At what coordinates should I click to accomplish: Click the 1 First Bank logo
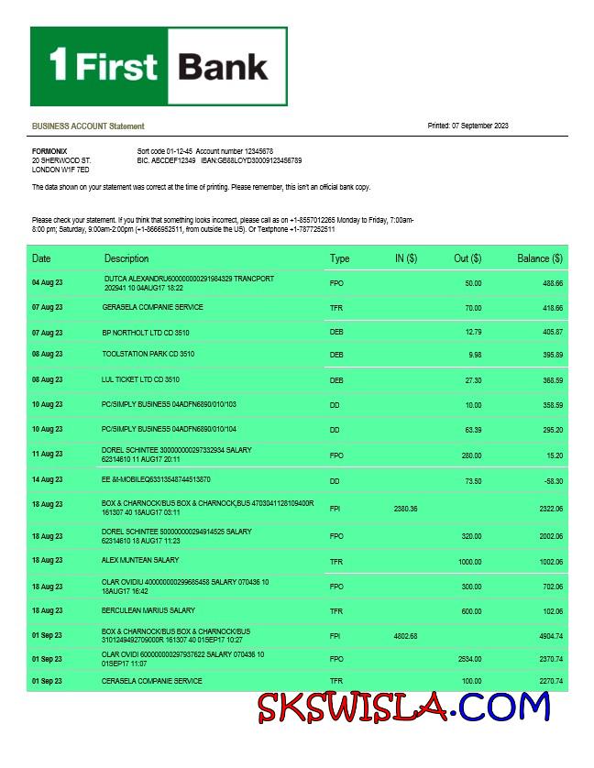[x=159, y=66]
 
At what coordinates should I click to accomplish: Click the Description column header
[x=126, y=258]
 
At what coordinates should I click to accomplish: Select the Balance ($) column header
[x=539, y=258]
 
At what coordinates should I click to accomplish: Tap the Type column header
[x=339, y=258]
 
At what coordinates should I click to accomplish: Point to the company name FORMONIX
[x=49, y=150]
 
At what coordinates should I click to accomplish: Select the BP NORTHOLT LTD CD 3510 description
[x=145, y=333]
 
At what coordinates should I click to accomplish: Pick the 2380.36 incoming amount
[x=405, y=508]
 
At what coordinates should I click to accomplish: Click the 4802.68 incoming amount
[x=405, y=635]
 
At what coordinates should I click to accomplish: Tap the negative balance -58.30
[x=552, y=479]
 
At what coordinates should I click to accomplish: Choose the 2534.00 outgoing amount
[x=469, y=658]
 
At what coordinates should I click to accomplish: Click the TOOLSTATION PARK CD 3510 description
[x=148, y=354]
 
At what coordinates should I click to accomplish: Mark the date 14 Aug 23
[x=48, y=479]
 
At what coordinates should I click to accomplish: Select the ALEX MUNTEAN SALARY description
[x=140, y=560]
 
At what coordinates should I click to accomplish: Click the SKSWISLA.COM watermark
[x=403, y=707]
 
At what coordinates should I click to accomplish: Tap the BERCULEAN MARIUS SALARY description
[x=148, y=610]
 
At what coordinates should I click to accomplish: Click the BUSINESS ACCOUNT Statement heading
[x=88, y=126]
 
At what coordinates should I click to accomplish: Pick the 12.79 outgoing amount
[x=473, y=332]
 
